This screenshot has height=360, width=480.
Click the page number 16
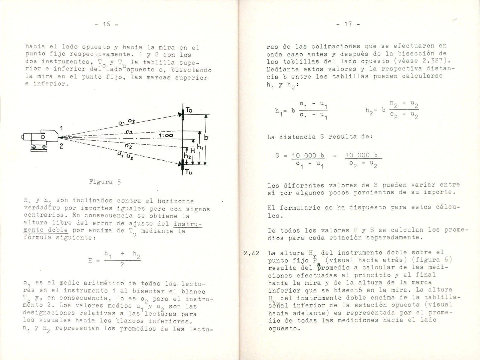[106, 25]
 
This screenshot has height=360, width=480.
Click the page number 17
[348, 24]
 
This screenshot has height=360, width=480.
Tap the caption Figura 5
[105, 182]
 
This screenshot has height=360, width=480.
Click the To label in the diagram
[189, 110]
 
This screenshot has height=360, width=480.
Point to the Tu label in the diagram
[189, 172]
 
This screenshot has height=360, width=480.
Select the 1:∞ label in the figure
[166, 136]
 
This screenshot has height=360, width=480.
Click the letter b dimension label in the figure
[206, 137]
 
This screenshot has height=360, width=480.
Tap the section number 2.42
[251, 253]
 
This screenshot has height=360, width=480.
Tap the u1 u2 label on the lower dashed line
[125, 156]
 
